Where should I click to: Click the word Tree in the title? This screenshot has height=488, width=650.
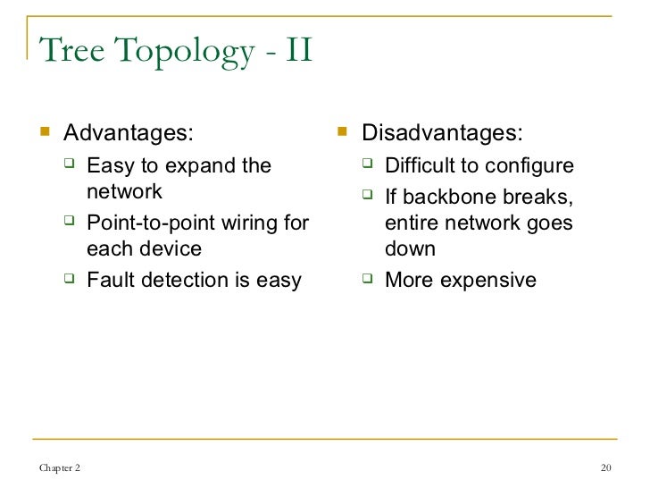73,51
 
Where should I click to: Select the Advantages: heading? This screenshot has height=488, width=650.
127,134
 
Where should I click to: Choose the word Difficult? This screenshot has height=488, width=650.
420,166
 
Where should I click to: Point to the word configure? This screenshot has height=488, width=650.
527,166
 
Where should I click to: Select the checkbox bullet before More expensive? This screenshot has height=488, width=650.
368,281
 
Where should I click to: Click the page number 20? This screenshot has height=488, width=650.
607,470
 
